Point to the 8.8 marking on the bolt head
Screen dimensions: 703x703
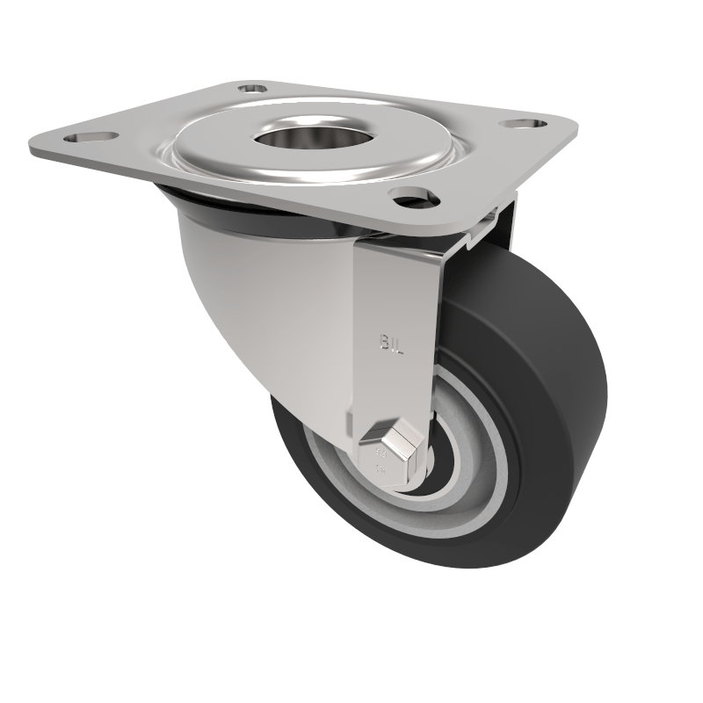381,457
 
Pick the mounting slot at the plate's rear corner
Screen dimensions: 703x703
254,89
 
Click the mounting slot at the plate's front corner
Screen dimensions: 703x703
415,199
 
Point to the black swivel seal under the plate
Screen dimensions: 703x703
246,215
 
